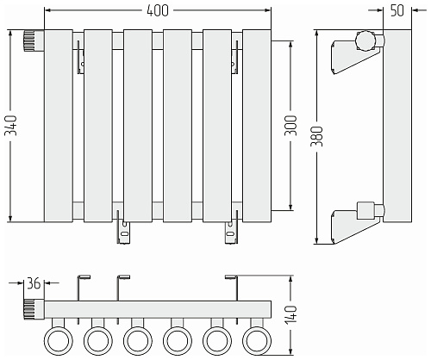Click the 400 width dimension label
tap(158, 10)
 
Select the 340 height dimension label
tap(12, 126)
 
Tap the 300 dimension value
tap(290, 126)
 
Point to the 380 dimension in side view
tap(317, 136)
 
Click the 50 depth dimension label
tap(397, 10)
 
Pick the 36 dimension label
tap(34, 283)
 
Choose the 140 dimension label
tap(290, 315)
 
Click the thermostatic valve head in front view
tap(34, 40)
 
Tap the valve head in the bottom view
tap(34, 309)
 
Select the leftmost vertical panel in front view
tap(59, 126)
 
